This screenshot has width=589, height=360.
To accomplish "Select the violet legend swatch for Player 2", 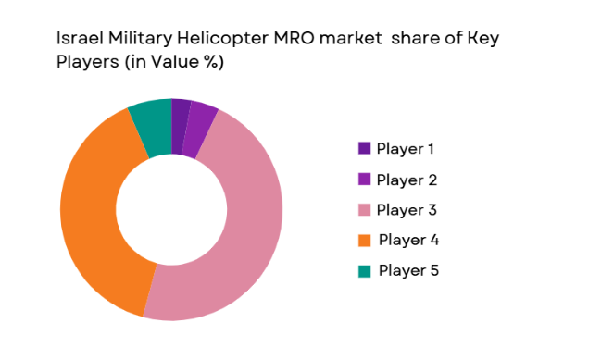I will tap(364, 180).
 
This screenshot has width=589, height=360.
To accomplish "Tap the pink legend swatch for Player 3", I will tap(364, 210).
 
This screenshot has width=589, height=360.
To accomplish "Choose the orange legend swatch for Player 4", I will tap(364, 241).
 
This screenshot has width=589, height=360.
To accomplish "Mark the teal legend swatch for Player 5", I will tap(364, 271).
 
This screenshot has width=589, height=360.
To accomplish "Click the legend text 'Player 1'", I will tap(406, 149).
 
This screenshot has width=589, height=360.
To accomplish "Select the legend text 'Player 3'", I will tap(407, 210).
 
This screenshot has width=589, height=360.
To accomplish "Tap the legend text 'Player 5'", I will tap(408, 271).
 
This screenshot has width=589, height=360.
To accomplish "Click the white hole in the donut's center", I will tap(171, 209).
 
